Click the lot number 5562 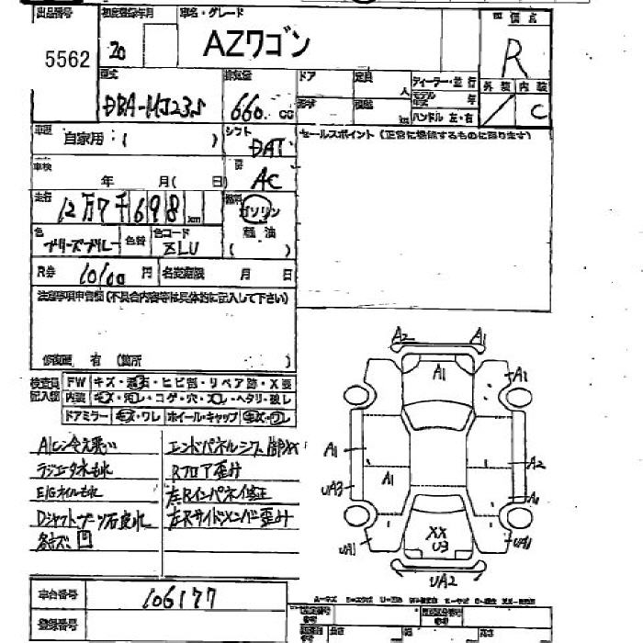(x=67, y=60)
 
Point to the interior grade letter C (x=540, y=112)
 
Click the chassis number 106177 (x=178, y=599)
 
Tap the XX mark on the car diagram (x=437, y=532)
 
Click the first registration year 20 (x=116, y=50)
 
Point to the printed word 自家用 (x=83, y=139)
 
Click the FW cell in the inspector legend (x=75, y=382)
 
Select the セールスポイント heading (x=336, y=135)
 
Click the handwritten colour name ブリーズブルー (x=78, y=245)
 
